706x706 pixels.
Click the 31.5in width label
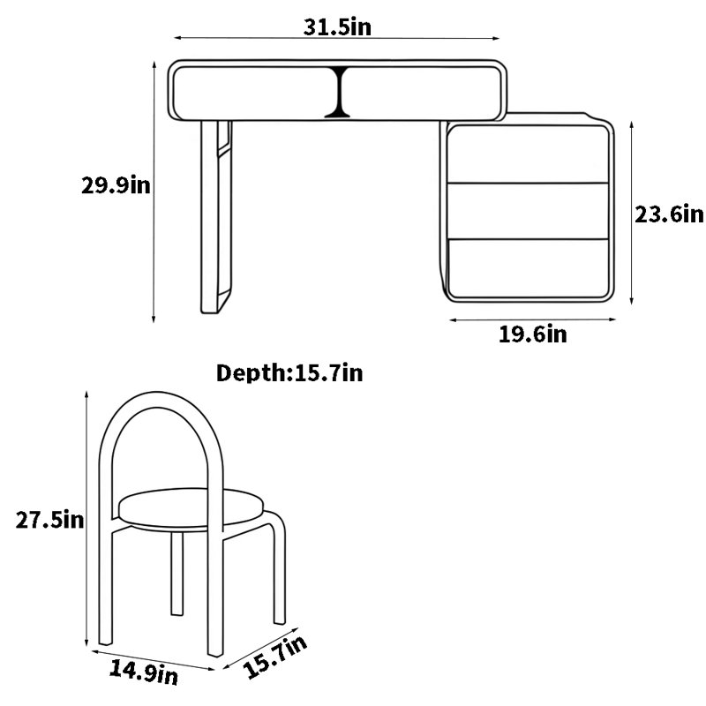coord(337,27)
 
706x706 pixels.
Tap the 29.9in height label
coord(116,185)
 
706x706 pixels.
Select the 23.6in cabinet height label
coord(669,214)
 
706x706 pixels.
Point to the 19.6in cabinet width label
coord(533,334)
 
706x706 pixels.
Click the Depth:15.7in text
coord(289,372)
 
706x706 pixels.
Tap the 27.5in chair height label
coord(49,520)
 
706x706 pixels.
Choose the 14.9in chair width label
coord(144,672)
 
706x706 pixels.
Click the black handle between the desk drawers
coord(338,93)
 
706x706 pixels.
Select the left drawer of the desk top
coord(254,94)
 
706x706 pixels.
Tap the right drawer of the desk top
coord(423,94)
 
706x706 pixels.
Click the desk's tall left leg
coord(216,217)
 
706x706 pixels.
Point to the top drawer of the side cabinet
coord(528,154)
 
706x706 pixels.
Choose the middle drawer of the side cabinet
coord(528,211)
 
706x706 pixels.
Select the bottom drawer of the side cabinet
coord(528,268)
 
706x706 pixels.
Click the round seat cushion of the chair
coord(190,509)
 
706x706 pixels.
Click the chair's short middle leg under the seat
coord(177,573)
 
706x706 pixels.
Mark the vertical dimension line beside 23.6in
coord(632,213)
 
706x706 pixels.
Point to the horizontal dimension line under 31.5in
coord(337,38)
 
